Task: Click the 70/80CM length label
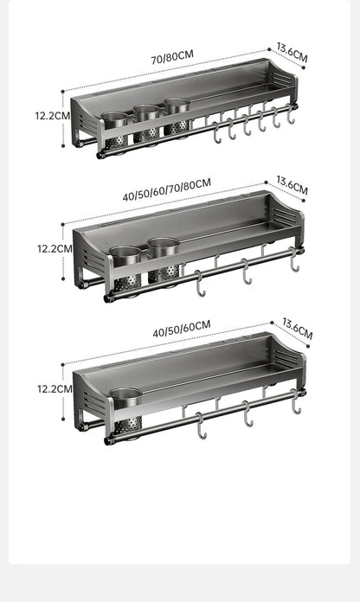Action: [172, 57]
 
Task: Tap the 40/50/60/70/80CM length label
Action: [167, 189]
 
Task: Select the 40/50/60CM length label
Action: [182, 329]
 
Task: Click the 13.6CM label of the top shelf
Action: [292, 53]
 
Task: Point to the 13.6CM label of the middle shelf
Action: [292, 185]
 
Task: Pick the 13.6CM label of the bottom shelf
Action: [298, 329]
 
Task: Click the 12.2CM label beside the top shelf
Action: [53, 116]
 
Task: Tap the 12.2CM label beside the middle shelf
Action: [55, 248]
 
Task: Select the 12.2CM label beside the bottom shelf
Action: [55, 389]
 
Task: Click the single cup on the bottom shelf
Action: [126, 410]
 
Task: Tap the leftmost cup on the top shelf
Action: [115, 131]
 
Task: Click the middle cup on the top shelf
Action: [146, 123]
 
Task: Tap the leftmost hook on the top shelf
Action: [217, 132]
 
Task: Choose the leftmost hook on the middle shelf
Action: [200, 284]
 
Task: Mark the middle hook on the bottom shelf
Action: [247, 413]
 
